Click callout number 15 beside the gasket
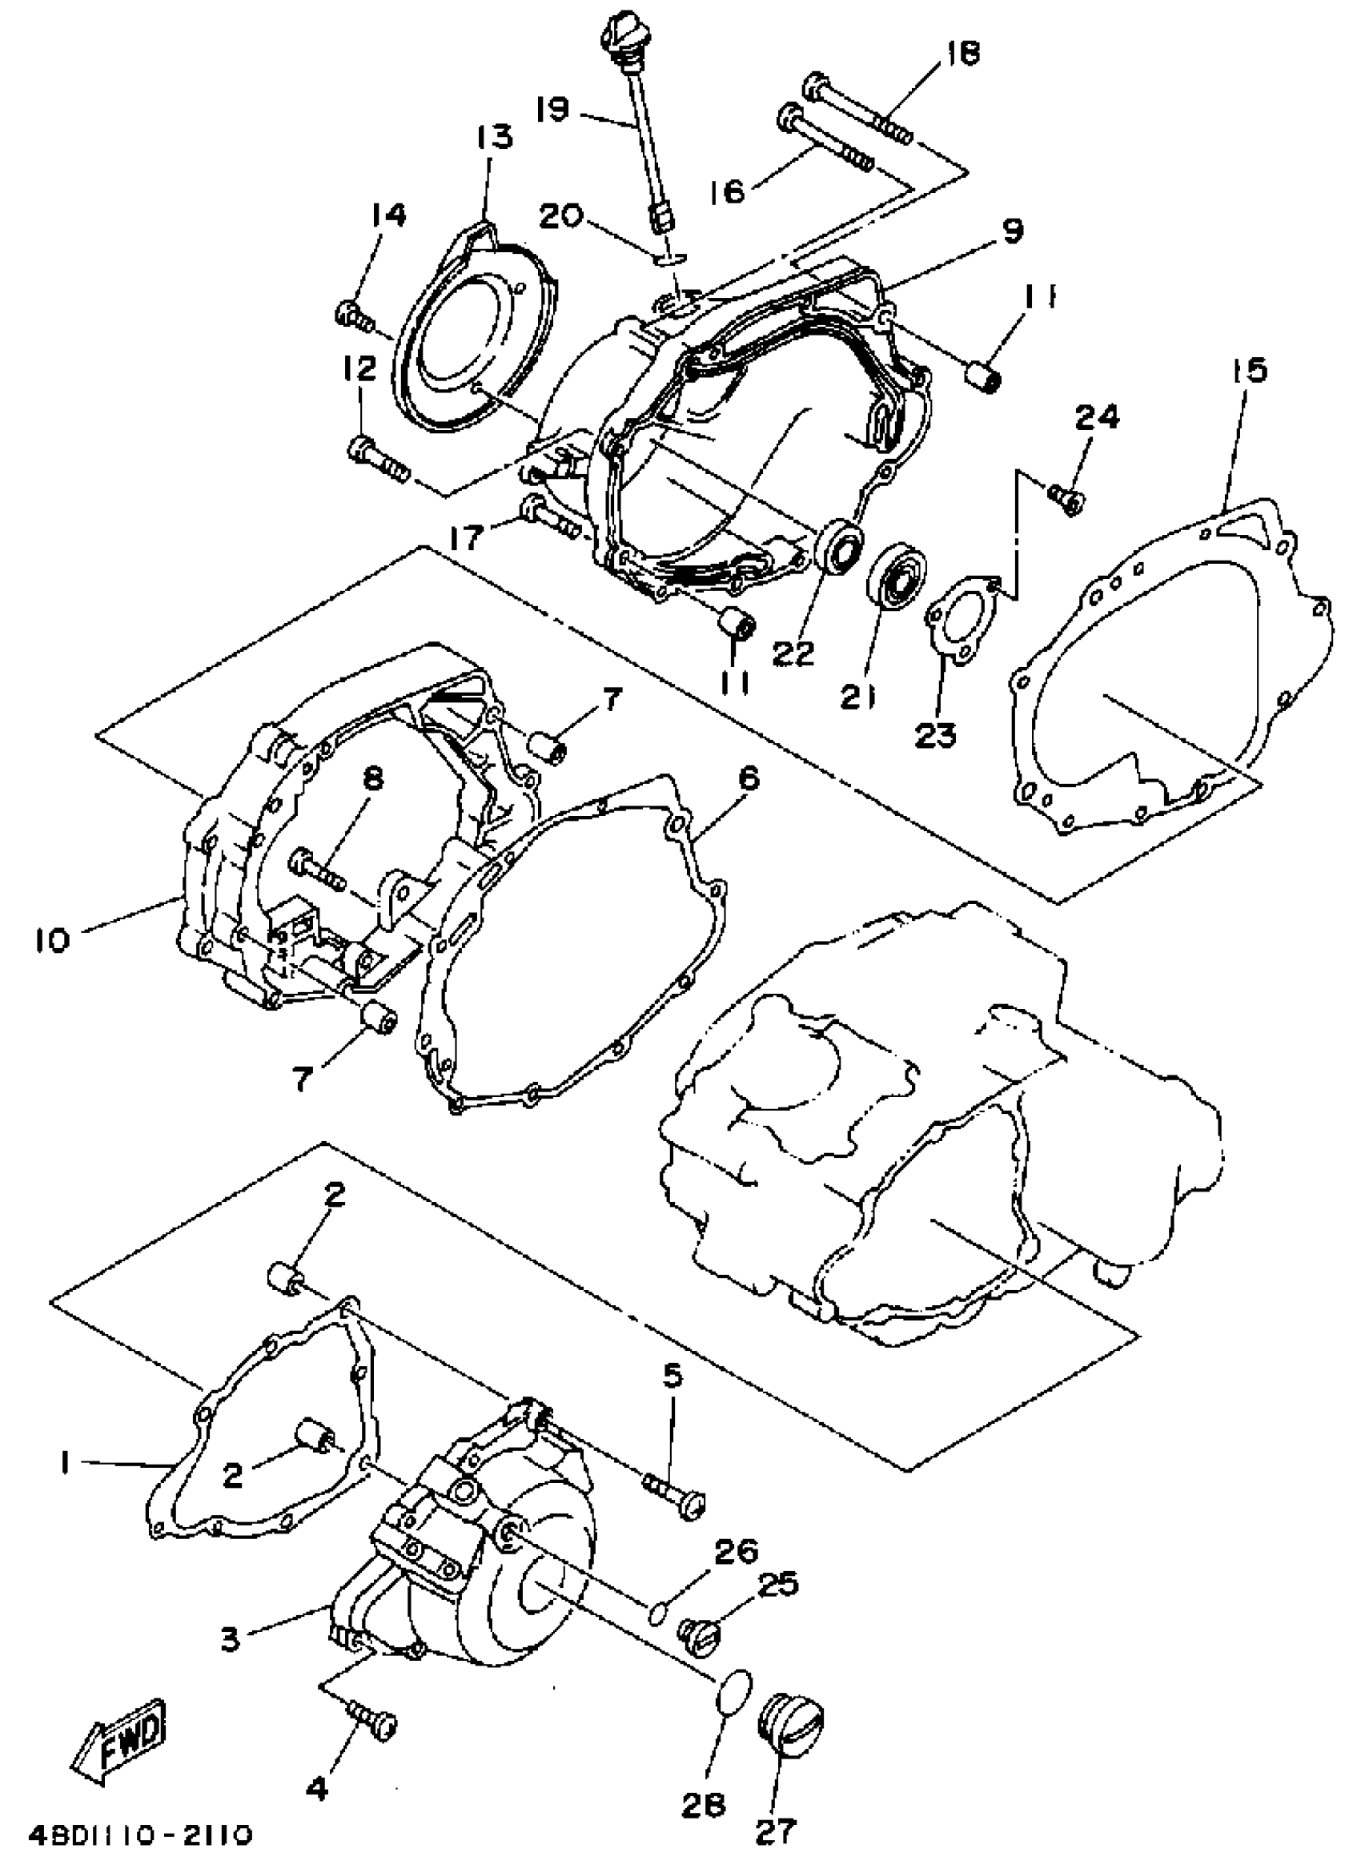pyautogui.click(x=1251, y=372)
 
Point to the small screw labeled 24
pyautogui.click(x=1068, y=498)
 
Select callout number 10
pyautogui.click(x=53, y=940)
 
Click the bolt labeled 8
pyautogui.click(x=318, y=870)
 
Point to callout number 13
pyautogui.click(x=492, y=138)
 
